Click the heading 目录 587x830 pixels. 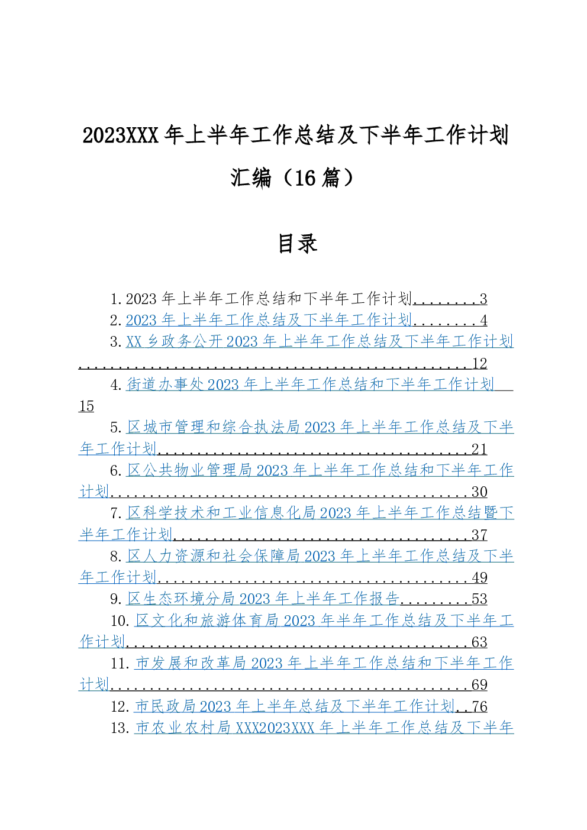tap(298, 244)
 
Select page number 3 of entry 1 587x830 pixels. tap(483, 299)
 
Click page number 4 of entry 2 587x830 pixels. tap(483, 321)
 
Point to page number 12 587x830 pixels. tap(479, 363)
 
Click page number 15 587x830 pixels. tap(86, 406)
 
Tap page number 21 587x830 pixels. tap(479, 450)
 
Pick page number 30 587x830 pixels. tap(479, 492)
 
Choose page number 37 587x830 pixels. tap(479, 535)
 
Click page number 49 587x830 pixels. tap(479, 577)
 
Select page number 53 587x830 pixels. tap(479, 599)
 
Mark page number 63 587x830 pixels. tap(479, 642)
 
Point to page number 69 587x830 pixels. tap(479, 684)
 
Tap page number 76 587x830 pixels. tap(479, 706)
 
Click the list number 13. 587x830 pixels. tap(120, 728)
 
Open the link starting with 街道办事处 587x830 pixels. tap(310, 385)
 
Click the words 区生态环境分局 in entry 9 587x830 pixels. tap(182, 599)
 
